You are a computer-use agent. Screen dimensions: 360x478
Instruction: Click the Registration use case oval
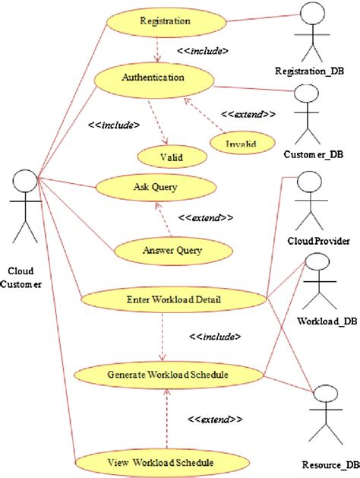click(x=166, y=21)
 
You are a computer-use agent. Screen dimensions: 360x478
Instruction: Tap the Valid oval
click(x=172, y=157)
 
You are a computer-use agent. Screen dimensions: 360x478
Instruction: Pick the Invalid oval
click(x=242, y=143)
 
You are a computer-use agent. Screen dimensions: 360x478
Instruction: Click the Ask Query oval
click(x=156, y=187)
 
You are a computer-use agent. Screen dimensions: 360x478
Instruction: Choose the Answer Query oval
click(x=173, y=251)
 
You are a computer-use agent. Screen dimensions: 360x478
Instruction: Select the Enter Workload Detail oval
click(x=174, y=299)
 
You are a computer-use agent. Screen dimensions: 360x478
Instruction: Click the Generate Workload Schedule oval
click(x=169, y=375)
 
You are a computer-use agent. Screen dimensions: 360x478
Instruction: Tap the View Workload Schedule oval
click(x=163, y=463)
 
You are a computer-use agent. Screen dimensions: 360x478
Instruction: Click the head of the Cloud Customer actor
click(x=25, y=181)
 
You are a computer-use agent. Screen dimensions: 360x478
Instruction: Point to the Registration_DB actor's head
click(x=312, y=14)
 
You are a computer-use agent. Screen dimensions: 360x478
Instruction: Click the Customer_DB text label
click(x=314, y=154)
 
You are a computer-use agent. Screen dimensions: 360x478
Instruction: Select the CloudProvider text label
click(x=318, y=242)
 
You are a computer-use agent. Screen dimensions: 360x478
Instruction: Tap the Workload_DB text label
click(x=327, y=321)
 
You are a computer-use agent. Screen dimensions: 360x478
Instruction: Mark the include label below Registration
click(x=203, y=51)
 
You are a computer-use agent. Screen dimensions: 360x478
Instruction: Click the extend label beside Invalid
click(x=248, y=114)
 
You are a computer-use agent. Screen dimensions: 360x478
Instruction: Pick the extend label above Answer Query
click(x=206, y=218)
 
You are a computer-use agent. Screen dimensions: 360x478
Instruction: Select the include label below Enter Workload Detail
click(x=215, y=337)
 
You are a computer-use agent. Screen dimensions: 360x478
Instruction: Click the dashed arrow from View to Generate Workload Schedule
click(x=166, y=419)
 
